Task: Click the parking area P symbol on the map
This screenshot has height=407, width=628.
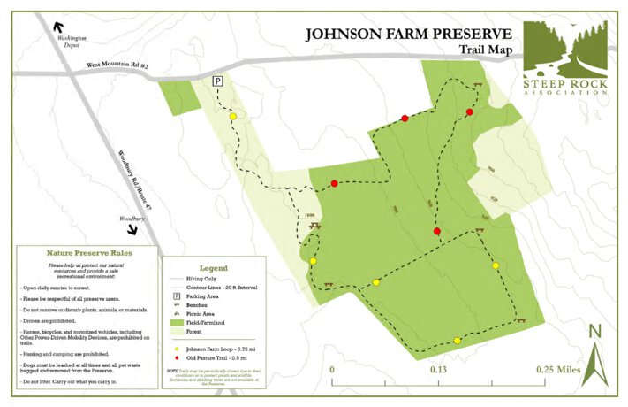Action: click(217, 81)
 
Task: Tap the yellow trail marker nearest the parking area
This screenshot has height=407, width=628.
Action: click(232, 116)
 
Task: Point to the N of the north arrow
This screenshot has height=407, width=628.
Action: click(594, 332)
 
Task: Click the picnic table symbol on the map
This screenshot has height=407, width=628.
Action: click(315, 227)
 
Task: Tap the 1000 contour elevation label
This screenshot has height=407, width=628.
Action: click(308, 214)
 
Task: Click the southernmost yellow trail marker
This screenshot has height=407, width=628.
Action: click(458, 341)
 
